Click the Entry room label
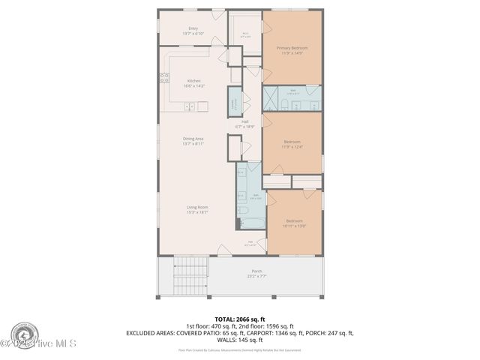193,31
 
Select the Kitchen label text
194,83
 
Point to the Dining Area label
193,141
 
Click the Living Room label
198,209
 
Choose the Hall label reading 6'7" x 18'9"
245,124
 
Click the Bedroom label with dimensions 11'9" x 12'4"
292,144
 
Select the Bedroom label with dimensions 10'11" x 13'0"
294,223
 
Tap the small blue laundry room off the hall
234,103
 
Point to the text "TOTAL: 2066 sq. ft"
239,319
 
